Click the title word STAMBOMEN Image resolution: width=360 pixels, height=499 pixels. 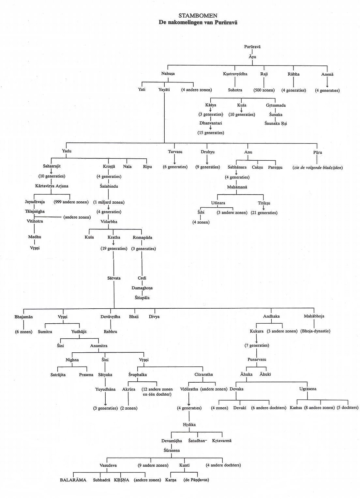198,16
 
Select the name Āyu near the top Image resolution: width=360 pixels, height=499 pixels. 252,57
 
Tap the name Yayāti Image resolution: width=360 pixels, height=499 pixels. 164,90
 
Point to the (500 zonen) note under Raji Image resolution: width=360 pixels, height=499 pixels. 264,90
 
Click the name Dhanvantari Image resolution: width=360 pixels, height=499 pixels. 211,123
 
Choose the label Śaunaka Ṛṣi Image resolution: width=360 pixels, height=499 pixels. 276,124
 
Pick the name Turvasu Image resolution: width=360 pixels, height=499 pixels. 175,152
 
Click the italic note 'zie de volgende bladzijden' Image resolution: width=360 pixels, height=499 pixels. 318,168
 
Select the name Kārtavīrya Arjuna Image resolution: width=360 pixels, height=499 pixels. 52,186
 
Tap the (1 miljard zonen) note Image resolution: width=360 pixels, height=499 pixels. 109,202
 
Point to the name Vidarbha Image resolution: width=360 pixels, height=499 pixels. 109,222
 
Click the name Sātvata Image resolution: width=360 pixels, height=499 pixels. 114,278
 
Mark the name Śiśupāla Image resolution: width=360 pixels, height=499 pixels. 142,298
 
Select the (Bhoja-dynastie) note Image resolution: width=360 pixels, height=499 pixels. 315,331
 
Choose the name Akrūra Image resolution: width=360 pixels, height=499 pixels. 128,389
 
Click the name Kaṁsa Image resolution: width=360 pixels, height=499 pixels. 296,408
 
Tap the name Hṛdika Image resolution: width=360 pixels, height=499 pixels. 189,425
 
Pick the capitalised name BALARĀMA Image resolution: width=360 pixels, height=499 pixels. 73,480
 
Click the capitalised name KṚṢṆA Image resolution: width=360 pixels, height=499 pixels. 122,480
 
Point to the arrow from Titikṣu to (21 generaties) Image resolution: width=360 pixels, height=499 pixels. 264,208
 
